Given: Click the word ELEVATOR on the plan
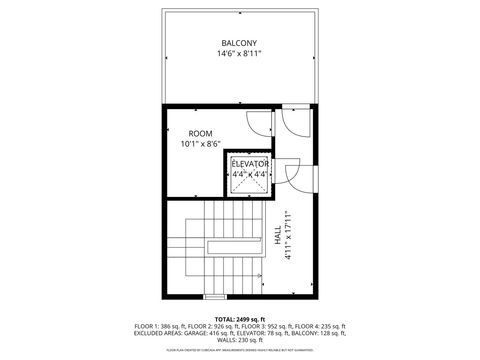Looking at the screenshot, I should click(x=250, y=163).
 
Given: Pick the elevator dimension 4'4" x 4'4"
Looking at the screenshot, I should click(x=250, y=174).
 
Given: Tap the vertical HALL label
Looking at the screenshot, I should click(x=277, y=235).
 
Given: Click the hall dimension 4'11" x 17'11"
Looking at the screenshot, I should click(x=288, y=235).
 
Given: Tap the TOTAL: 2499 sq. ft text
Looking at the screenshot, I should click(x=239, y=318).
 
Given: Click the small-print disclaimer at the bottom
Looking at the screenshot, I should click(x=240, y=351).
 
